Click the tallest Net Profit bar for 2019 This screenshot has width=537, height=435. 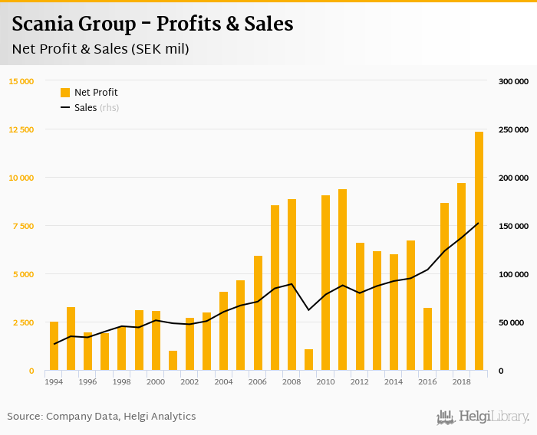pyautogui.click(x=479, y=251)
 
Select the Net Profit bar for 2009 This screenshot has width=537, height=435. pyautogui.click(x=309, y=360)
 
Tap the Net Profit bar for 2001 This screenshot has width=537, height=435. pyautogui.click(x=173, y=361)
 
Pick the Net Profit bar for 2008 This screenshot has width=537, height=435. pyautogui.click(x=292, y=285)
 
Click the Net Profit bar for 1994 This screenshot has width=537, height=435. pyautogui.click(x=54, y=346)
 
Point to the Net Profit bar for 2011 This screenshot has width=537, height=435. pyautogui.click(x=342, y=280)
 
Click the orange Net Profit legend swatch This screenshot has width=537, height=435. pyautogui.click(x=65, y=93)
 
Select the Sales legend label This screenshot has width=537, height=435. pyautogui.click(x=85, y=108)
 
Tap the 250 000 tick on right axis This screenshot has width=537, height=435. pyautogui.click(x=513, y=129)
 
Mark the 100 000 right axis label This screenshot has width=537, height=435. pyautogui.click(x=513, y=274)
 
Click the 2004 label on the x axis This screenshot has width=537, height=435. pyautogui.click(x=223, y=381)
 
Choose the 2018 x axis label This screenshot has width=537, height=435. pyautogui.click(x=461, y=381)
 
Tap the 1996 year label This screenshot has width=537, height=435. pyautogui.click(x=87, y=381)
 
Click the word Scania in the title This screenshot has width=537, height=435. pyautogui.click(x=44, y=25)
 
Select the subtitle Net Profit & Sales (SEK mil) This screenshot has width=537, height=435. pyautogui.click(x=100, y=49)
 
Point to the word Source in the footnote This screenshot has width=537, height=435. pyautogui.click(x=25, y=417)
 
